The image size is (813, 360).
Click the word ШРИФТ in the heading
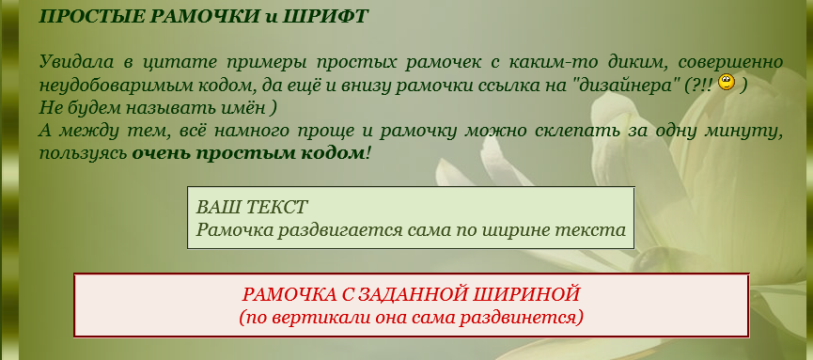pos(325,16)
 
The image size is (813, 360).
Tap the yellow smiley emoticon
pos(727,82)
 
